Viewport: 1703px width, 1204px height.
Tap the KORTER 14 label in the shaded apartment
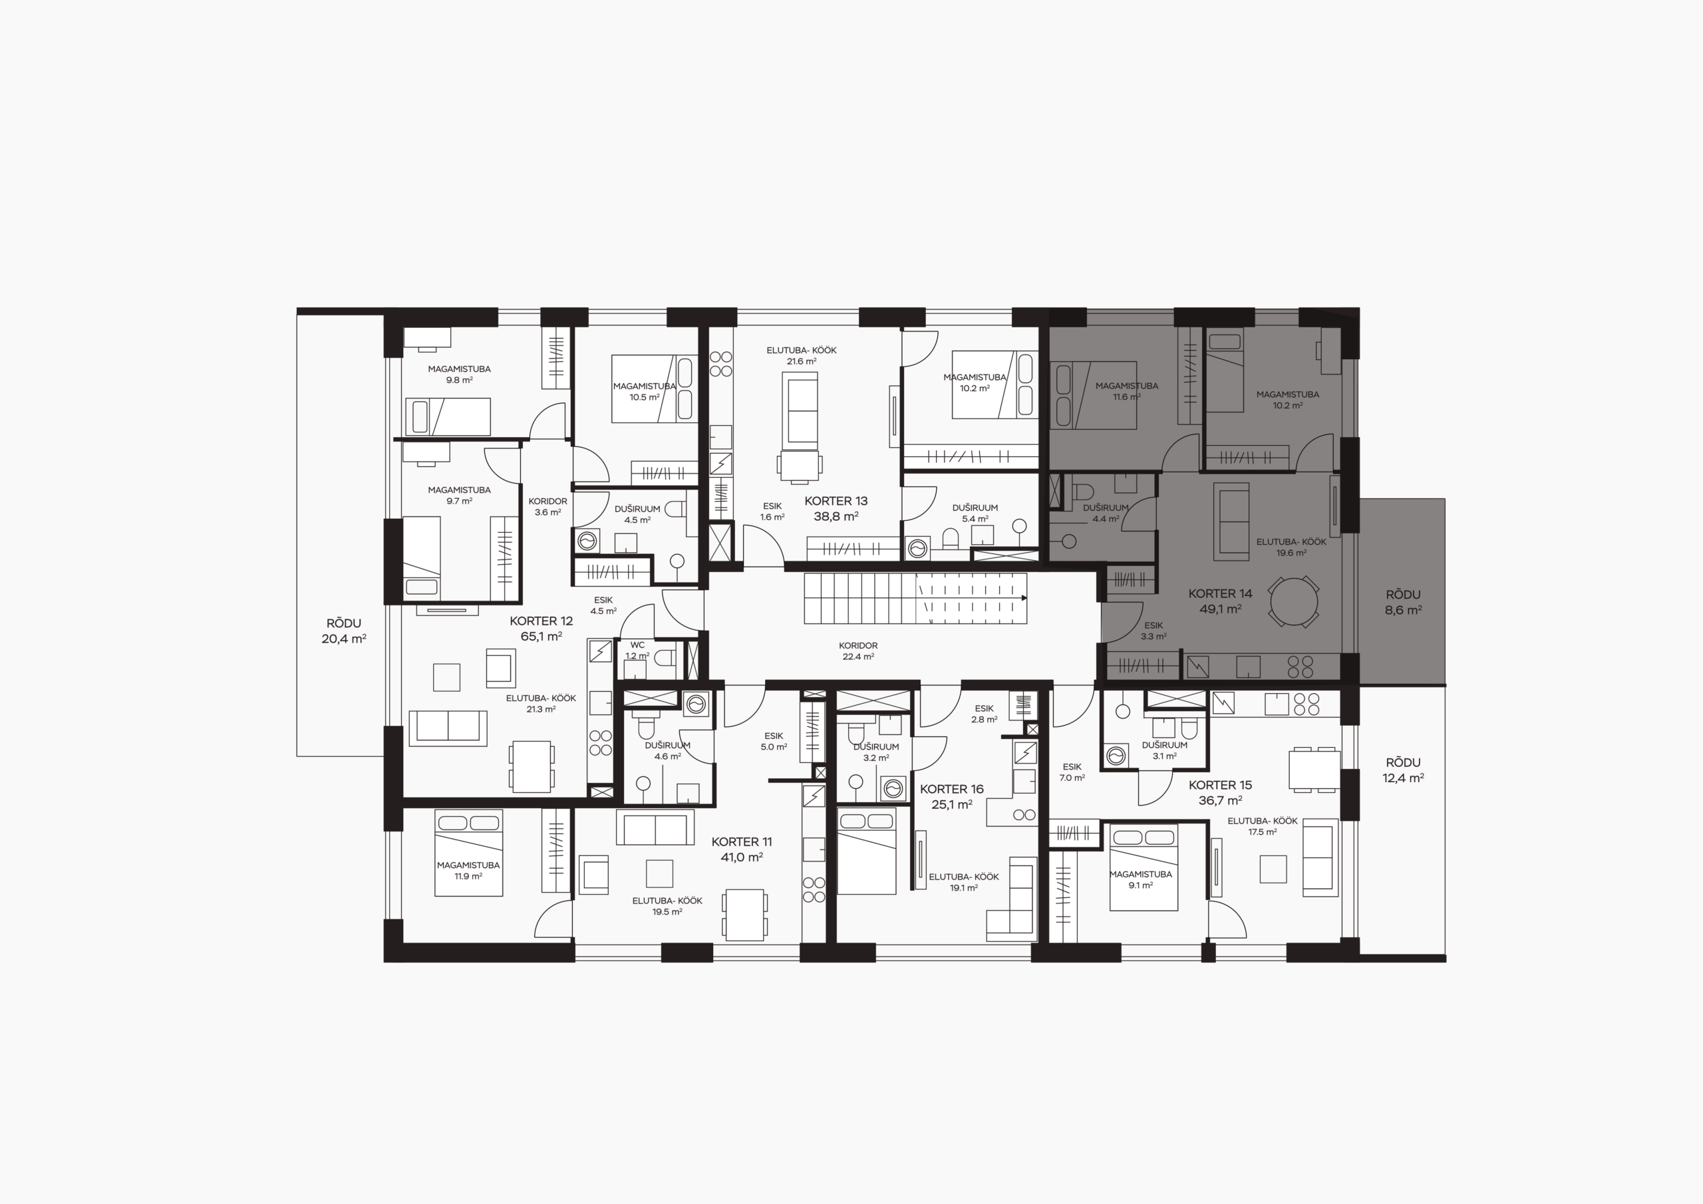click(1220, 593)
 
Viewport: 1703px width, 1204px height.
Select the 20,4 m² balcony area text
click(343, 639)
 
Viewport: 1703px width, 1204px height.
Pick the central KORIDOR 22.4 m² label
click(857, 651)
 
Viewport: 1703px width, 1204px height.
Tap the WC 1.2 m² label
click(637, 651)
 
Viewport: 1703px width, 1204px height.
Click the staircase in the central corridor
click(915, 598)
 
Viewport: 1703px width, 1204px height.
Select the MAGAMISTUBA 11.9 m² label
click(468, 870)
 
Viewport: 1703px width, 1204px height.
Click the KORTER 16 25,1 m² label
click(952, 797)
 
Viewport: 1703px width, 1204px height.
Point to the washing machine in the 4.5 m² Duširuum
click(587, 541)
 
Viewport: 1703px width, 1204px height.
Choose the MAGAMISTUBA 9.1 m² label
click(1140, 879)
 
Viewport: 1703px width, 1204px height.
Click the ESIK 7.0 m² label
click(1072, 772)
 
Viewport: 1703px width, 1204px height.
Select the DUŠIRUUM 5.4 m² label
click(975, 514)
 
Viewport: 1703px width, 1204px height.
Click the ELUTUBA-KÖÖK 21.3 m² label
click(541, 703)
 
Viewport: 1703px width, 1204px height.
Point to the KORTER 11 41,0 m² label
click(742, 849)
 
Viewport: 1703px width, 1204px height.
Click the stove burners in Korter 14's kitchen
click(1299, 666)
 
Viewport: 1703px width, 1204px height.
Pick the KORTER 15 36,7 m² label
click(1220, 792)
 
